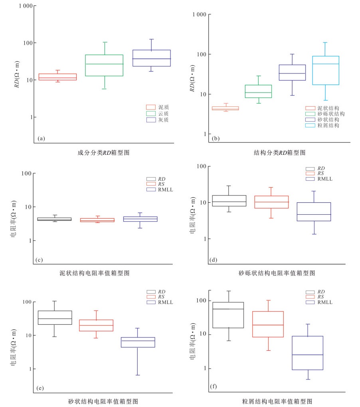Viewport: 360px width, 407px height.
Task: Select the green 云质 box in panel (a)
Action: click(x=105, y=65)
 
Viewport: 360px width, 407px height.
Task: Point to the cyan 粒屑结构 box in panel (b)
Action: click(x=325, y=70)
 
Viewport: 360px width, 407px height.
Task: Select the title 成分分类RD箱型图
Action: click(x=103, y=152)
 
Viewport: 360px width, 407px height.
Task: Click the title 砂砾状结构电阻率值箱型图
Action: click(x=277, y=273)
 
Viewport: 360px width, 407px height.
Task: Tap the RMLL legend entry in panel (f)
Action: click(x=324, y=302)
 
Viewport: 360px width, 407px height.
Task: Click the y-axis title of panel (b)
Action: click(x=192, y=78)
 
